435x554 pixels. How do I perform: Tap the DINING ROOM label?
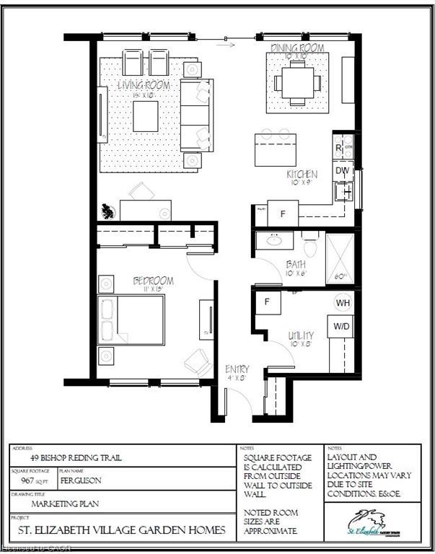(x=297, y=48)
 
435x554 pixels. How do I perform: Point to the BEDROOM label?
(x=152, y=280)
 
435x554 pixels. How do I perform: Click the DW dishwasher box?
(x=342, y=171)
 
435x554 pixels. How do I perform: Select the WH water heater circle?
(x=343, y=303)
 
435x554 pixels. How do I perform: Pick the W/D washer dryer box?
(x=342, y=326)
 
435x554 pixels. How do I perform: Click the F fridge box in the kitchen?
(x=283, y=214)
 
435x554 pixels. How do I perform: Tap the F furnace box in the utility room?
(x=267, y=302)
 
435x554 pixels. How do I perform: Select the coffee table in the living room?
(x=146, y=115)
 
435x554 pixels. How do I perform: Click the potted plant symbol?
(x=107, y=211)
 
